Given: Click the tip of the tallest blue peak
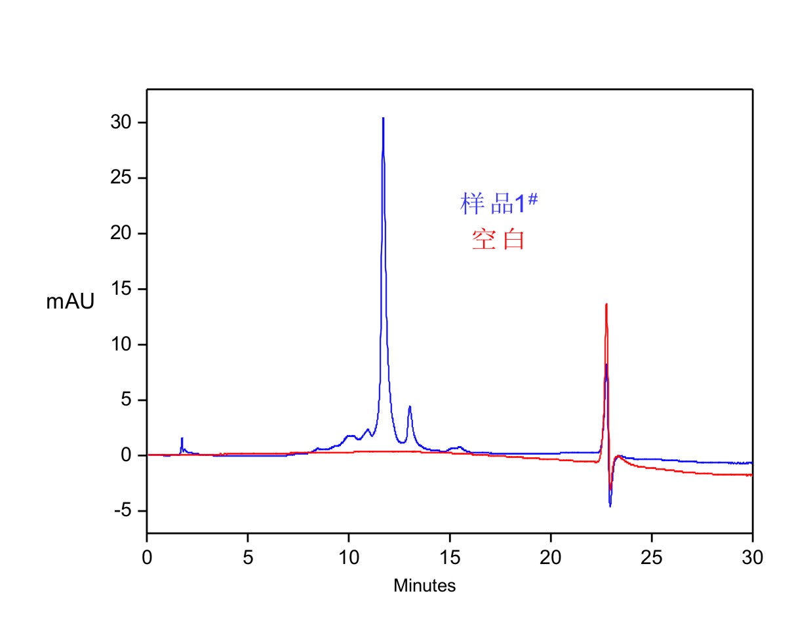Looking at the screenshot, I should coord(383,119).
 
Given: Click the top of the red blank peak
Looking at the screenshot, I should coord(606,304).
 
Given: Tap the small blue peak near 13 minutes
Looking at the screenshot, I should coord(410,407).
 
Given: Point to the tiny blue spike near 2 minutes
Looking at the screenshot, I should coord(182,438).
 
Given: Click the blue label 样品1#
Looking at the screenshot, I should coord(498,203).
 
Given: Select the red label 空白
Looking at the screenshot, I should coord(498,240).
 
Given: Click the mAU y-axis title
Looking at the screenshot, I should coord(70,301).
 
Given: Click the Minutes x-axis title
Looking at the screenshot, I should coord(424,586).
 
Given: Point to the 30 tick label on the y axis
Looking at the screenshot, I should coord(121,123).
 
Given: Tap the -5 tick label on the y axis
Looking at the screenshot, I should coord(123,510).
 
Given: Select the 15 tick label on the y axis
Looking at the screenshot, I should coord(121,289).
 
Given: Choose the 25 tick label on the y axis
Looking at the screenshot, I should coord(121,178).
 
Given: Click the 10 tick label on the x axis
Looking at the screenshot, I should coord(349,557).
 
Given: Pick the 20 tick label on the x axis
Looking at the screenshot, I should coord(551,557).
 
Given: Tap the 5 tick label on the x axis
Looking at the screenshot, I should coord(248,557).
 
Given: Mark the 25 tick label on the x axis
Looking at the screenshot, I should coord(652,557).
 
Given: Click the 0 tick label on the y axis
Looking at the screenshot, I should coord(126,455).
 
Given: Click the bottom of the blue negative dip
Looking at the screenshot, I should coord(610,506).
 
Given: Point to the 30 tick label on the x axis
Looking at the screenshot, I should coord(753,557).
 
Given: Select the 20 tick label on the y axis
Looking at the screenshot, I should coord(121,233).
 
